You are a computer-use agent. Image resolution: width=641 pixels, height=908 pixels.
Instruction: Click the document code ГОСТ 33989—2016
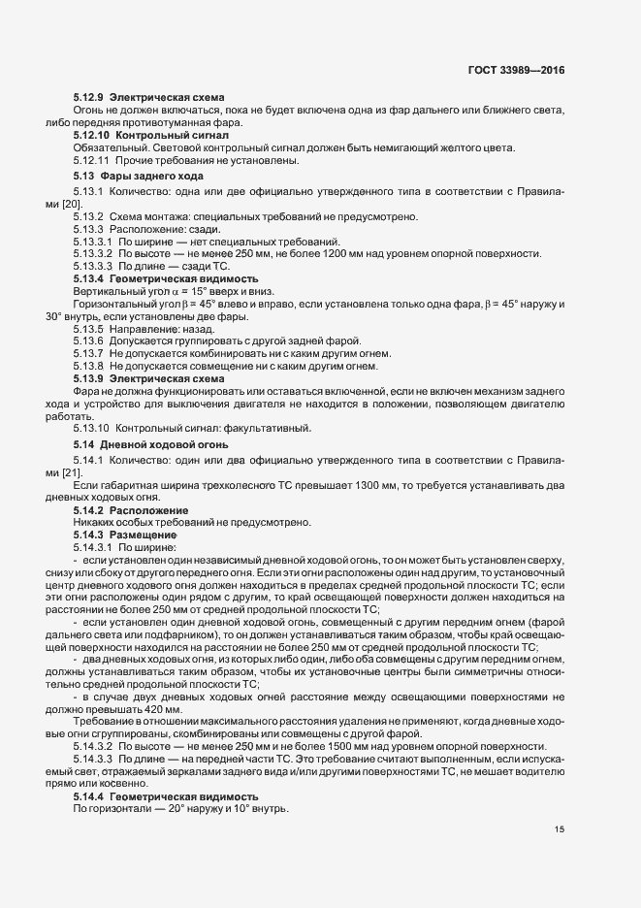(515, 71)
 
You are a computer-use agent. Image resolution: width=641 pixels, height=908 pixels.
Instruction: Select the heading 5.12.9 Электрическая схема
(148, 99)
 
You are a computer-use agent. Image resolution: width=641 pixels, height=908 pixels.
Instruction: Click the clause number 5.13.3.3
(92, 265)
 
